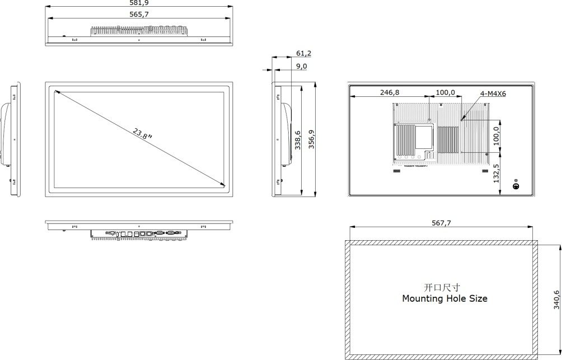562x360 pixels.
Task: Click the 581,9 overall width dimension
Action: coord(139,3)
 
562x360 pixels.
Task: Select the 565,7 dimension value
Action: coord(139,15)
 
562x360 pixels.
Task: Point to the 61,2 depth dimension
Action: coord(304,54)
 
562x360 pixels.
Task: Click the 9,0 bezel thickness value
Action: coord(301,66)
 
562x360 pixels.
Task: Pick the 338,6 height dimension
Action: coord(297,141)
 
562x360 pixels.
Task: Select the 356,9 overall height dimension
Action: coord(311,141)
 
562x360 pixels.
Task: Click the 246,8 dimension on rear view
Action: coord(390,93)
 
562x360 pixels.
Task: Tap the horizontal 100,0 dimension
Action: coord(445,93)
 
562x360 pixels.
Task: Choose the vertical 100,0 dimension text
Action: coord(495,134)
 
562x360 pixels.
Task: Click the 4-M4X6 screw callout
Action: coord(493,94)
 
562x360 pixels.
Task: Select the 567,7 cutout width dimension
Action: coord(441,223)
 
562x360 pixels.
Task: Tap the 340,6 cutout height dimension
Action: coord(556,300)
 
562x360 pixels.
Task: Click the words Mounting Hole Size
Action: coord(444,299)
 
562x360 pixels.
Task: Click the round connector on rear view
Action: coord(517,185)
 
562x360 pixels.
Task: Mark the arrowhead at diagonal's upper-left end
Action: coord(57,92)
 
